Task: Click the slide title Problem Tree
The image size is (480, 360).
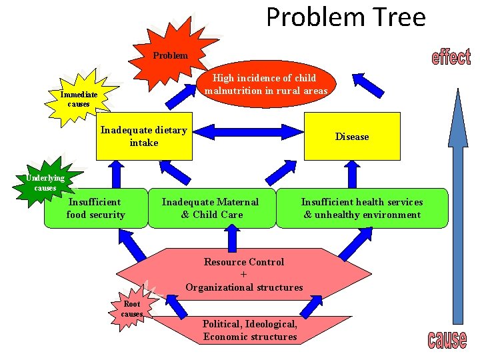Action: pos(345,17)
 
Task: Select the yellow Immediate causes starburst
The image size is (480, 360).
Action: pos(79,99)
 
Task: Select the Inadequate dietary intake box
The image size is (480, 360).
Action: pos(144,136)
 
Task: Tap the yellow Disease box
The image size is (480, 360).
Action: pos(352,137)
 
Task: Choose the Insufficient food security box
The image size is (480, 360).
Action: pos(95,208)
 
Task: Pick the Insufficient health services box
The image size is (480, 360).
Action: pos(362,208)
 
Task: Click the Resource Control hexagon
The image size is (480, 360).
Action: pos(244,275)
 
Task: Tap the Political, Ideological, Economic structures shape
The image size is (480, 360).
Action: pos(249,330)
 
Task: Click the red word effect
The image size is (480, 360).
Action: pos(451,57)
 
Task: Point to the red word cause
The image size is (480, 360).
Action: pos(447,339)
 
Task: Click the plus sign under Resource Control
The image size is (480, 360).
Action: pos(243,275)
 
